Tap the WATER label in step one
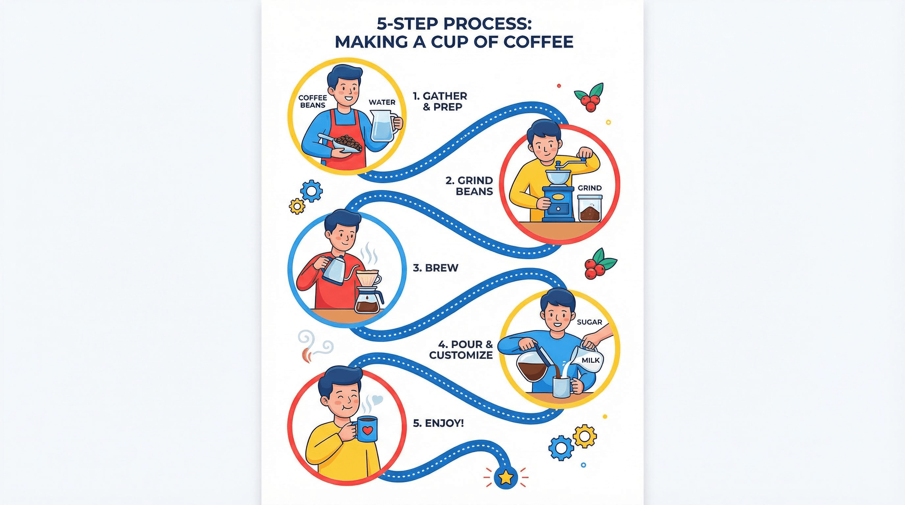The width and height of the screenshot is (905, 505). coord(382,102)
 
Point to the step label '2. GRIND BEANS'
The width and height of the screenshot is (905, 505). coord(469,186)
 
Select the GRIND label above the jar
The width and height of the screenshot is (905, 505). coord(590,188)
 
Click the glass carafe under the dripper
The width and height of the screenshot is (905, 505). coord(367,301)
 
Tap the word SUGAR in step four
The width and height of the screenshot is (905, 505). coord(590,322)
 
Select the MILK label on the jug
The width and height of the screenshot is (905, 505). coord(591,360)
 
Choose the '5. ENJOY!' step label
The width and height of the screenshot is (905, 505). coord(438,423)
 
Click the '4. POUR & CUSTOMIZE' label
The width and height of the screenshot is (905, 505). coord(461,349)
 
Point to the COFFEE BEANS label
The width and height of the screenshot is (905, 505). coord(313,102)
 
